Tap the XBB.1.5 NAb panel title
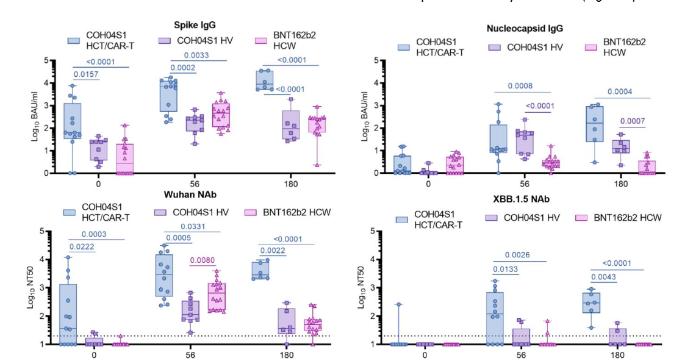tap(523, 199)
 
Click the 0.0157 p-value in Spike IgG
tap(86, 74)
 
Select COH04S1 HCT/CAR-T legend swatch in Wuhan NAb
tap(76, 213)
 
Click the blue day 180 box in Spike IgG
tap(264, 80)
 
